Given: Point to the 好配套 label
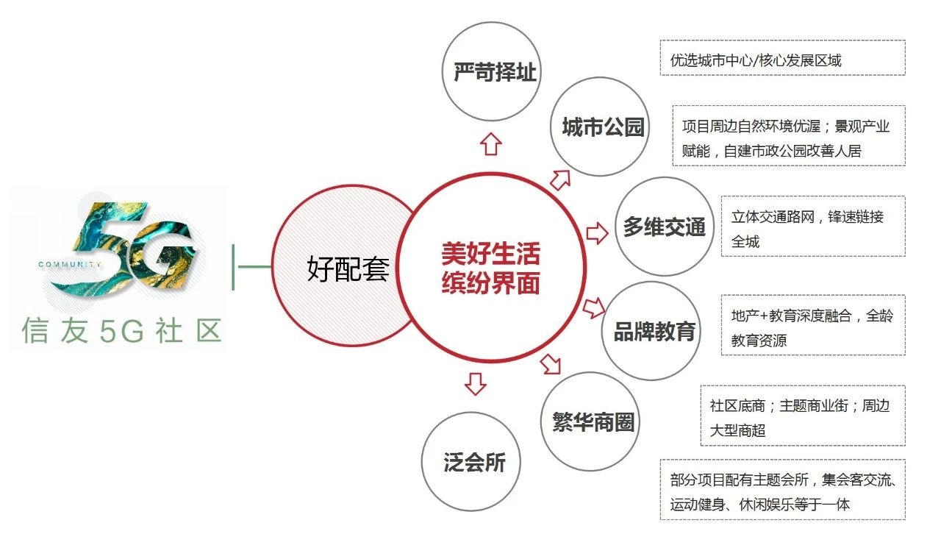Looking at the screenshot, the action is point(348,268).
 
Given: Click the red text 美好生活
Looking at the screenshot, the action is point(490,254).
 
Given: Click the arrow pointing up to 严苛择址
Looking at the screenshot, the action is point(490,144).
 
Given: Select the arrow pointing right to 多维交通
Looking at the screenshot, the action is point(597,233).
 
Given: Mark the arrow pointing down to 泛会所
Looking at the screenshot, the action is point(476,384).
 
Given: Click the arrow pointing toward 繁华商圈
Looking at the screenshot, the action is point(551,364).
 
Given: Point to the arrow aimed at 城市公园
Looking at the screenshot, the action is point(560,180).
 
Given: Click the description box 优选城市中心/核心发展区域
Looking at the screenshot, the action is point(783,58).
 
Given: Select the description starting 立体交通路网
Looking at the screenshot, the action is point(813,226).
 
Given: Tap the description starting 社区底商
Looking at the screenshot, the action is point(803,416).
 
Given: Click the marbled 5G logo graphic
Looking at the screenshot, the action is point(126,248).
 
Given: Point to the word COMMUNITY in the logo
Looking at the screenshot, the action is point(70,264).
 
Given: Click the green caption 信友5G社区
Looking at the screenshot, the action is point(122,330).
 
